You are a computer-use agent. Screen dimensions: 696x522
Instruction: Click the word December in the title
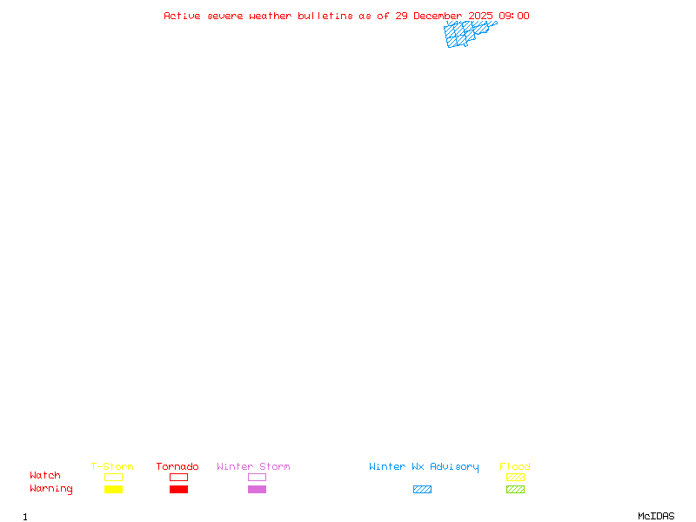pos(438,16)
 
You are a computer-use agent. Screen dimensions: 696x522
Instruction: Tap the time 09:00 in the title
pos(514,16)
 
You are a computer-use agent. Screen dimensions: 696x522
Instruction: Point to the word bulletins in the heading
pos(325,16)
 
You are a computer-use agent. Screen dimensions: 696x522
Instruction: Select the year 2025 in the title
pos(480,16)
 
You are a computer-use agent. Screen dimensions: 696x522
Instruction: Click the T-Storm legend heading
pos(112,466)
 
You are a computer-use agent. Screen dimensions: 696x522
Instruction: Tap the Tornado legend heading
pos(177,466)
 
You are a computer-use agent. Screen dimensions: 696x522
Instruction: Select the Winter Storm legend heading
pos(253,466)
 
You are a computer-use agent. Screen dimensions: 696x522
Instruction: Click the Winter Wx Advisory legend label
pos(424,467)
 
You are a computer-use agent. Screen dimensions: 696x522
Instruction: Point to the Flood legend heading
pos(515,466)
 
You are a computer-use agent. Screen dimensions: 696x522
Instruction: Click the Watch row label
pos(45,475)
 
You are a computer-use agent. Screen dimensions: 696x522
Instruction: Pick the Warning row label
pos(51,489)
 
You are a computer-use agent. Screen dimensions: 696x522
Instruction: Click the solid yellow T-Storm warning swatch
pos(114,490)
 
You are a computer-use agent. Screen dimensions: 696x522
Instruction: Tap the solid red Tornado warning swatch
pos(179,490)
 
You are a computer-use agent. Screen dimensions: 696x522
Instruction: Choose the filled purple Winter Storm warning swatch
pos(257,490)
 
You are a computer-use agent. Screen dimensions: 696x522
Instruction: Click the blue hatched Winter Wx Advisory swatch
pos(422,490)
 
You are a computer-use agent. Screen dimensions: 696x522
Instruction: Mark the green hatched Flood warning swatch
pos(515,490)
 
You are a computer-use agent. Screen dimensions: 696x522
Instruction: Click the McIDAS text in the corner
pos(656,516)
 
